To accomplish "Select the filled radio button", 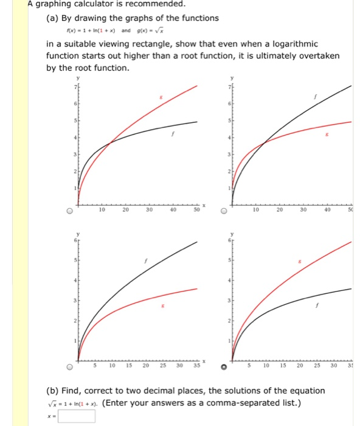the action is click(224, 367).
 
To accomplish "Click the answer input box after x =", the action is click(77, 416).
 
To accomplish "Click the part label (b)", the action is click(54, 390).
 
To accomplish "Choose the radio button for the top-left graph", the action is click(71, 212).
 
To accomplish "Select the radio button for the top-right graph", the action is click(224, 212).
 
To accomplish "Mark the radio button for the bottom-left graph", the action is click(71, 367).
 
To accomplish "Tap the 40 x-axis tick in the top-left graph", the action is click(174, 210).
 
